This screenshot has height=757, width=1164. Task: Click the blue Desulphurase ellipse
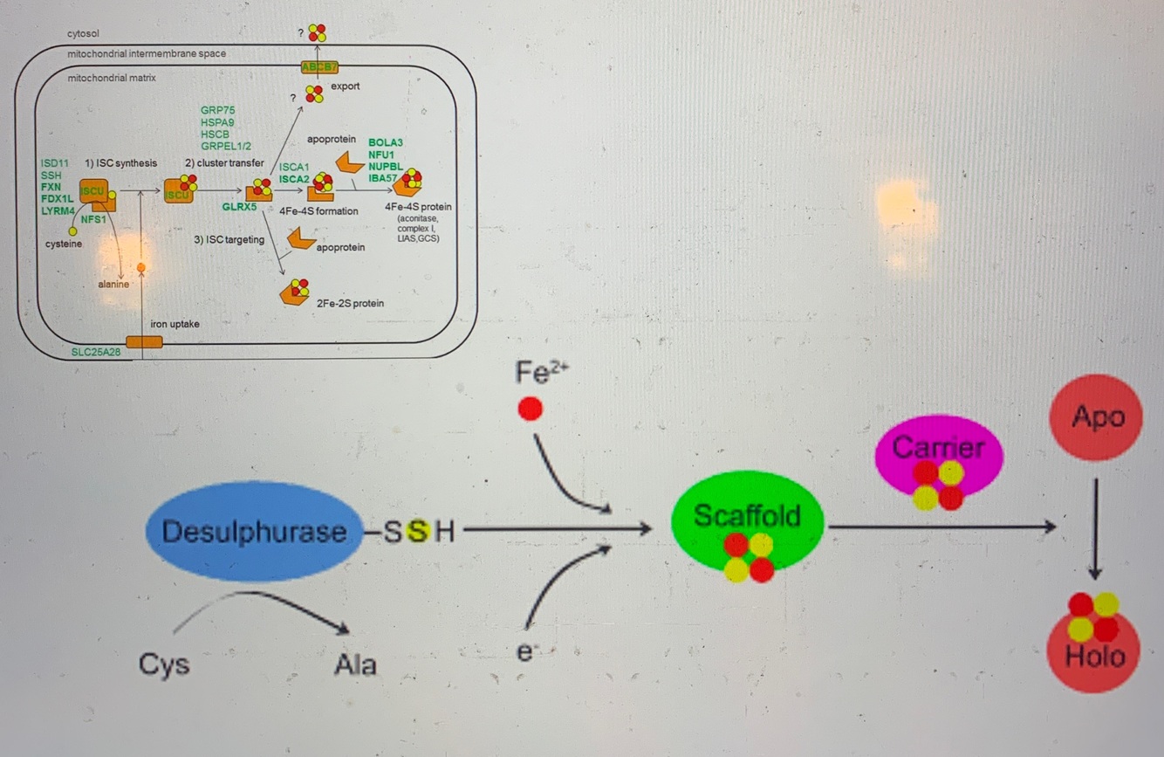coord(252,530)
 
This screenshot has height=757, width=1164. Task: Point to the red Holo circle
coord(1095,650)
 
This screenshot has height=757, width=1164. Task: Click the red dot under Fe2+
coord(530,408)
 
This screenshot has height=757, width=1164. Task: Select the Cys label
coord(163,664)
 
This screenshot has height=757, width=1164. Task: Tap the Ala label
coord(355,665)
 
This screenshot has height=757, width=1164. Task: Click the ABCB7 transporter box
coord(319,67)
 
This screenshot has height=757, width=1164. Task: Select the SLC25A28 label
coord(95,351)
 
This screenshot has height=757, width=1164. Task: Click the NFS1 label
coord(93,219)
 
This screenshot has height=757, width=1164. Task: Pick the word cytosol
coord(83,33)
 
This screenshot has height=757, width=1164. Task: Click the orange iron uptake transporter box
coord(144,341)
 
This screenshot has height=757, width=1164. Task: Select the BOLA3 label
coord(385,141)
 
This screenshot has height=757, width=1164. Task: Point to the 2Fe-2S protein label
coord(351,303)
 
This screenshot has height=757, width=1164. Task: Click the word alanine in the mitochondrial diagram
coord(113,284)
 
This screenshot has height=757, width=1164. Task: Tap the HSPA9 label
coord(218,123)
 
